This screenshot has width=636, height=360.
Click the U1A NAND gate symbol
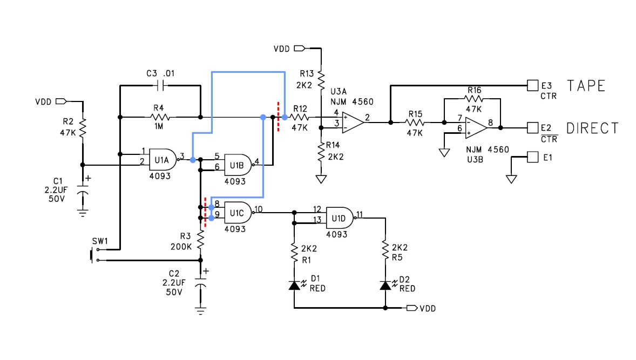point(163,159)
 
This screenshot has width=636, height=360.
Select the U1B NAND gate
point(238,165)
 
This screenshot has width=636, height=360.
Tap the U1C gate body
point(238,213)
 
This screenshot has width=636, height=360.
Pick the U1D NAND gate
point(340,218)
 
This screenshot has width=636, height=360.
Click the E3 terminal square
point(532,85)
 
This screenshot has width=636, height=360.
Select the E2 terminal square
point(532,128)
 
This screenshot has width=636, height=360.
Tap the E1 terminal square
point(532,157)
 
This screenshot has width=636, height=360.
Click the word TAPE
point(586,86)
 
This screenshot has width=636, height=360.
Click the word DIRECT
point(592,128)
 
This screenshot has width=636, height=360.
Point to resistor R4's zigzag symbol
point(160,117)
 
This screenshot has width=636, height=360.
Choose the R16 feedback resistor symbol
point(474,99)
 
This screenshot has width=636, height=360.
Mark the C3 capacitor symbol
point(161,85)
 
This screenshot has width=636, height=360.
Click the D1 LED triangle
point(294,286)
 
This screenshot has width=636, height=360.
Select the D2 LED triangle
point(385,286)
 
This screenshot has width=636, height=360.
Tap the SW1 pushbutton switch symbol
point(94,255)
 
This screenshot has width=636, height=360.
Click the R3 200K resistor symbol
point(200,240)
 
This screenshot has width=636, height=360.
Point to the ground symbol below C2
point(200,311)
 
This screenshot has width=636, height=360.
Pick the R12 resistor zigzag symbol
point(299,117)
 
